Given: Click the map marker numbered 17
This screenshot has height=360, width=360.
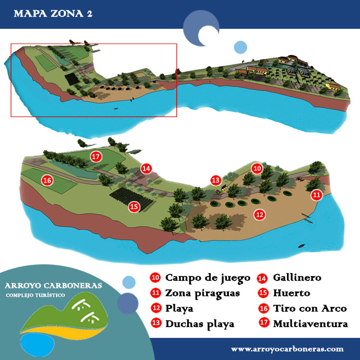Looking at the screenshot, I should tap(95, 156).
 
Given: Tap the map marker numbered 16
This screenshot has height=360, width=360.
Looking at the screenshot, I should tap(47, 181).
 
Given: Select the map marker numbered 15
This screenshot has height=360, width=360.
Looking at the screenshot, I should tap(134, 207).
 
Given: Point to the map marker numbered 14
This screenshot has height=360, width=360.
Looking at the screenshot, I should tap(146, 168).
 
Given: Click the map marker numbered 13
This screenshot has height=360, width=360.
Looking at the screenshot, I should tap(215, 180).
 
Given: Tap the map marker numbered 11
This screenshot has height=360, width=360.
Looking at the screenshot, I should tap(317, 195).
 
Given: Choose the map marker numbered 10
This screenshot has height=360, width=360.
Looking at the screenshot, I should tap(257, 168).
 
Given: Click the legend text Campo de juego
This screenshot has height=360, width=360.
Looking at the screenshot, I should tap(207, 278).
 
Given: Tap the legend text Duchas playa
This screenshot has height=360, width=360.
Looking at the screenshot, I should tap(200, 324).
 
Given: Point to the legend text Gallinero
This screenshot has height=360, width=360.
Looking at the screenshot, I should tap(297, 278).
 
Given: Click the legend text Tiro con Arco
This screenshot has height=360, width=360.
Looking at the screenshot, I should tap(310, 309).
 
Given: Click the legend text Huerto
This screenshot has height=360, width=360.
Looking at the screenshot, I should tap(292, 293).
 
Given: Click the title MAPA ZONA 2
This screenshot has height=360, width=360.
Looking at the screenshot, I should tap(53, 13).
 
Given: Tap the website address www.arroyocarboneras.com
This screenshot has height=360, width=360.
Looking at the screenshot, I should tap(287, 348).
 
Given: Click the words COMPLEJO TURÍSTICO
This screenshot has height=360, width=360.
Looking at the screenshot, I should tap(35, 296).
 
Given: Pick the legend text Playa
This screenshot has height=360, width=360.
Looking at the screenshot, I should tap(179, 309).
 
